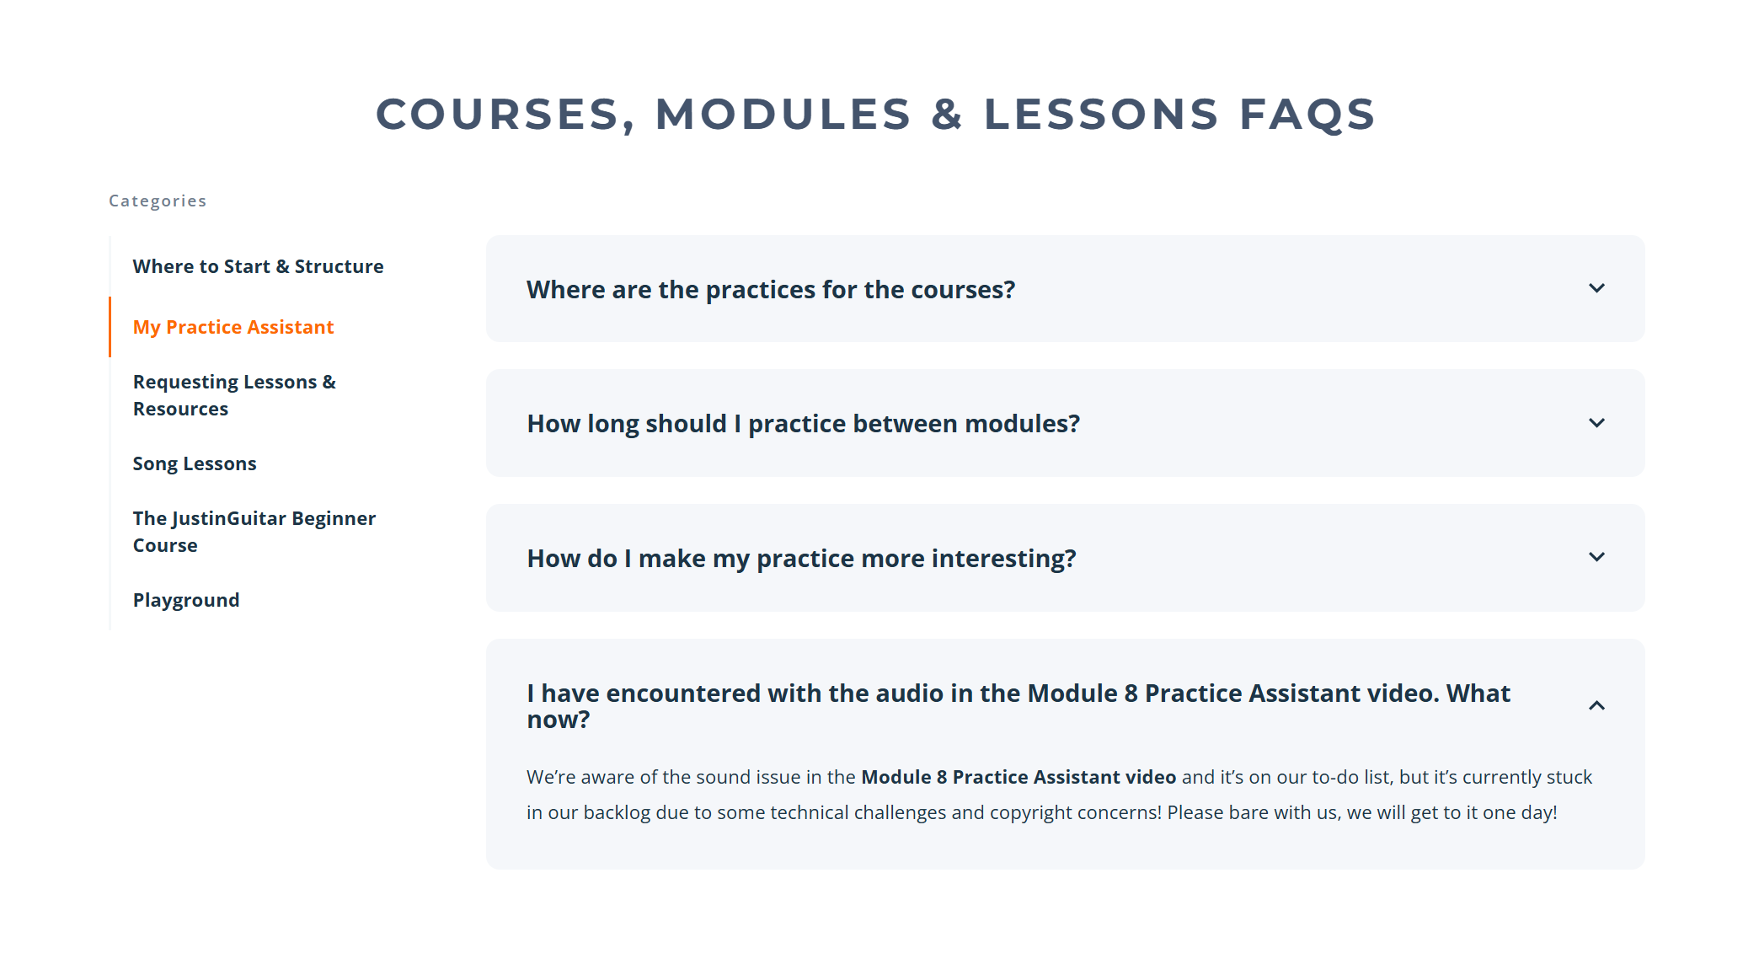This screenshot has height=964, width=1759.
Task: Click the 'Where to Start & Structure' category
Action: pyautogui.click(x=258, y=266)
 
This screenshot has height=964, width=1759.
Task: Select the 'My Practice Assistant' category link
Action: pyautogui.click(x=233, y=327)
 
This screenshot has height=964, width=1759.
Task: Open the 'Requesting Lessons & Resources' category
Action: pyautogui.click(x=234, y=395)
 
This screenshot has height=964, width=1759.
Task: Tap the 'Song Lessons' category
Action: pyautogui.click(x=195, y=463)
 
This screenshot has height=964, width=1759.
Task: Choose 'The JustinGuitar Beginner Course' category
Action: pyautogui.click(x=254, y=532)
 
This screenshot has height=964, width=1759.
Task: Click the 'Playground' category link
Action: pyautogui.click(x=186, y=600)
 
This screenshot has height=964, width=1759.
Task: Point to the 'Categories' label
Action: pyautogui.click(x=158, y=201)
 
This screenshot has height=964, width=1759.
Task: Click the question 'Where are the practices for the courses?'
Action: pyautogui.click(x=771, y=289)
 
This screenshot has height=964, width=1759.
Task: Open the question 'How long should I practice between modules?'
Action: pyautogui.click(x=804, y=423)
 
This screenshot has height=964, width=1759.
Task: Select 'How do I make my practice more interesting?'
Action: pyautogui.click(x=801, y=558)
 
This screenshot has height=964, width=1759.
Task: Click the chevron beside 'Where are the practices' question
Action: pyautogui.click(x=1596, y=288)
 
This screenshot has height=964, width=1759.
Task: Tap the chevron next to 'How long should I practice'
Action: pyautogui.click(x=1596, y=423)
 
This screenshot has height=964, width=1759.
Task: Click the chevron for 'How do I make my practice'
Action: pyautogui.click(x=1596, y=557)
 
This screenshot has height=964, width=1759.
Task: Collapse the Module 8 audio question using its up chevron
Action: pyautogui.click(x=1596, y=705)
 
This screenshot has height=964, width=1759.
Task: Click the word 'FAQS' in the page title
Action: pyautogui.click(x=1307, y=114)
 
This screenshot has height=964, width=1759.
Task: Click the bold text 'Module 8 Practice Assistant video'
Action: pyautogui.click(x=1019, y=777)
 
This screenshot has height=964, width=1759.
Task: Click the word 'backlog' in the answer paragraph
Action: pyautogui.click(x=617, y=813)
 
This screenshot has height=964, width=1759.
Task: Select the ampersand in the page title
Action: pyautogui.click(x=948, y=114)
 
